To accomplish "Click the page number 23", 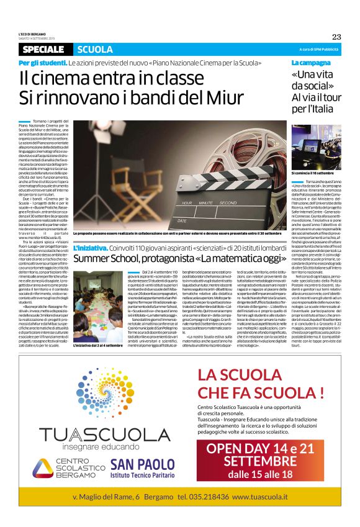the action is [336, 36].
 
